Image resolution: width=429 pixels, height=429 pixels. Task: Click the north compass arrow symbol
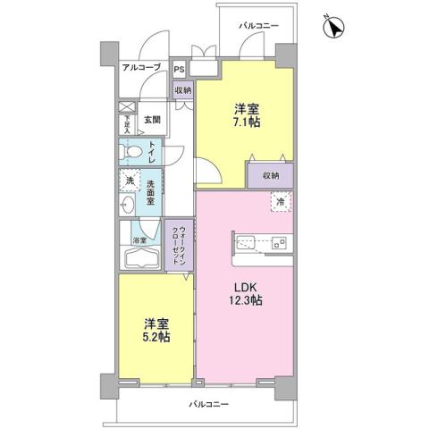[x=333, y=29]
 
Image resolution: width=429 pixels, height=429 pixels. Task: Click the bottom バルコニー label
[x=209, y=404]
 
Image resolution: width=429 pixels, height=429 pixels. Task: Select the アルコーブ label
[x=140, y=67]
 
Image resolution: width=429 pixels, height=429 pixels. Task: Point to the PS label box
[x=180, y=68]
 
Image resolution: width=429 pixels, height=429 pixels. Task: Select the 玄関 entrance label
[x=151, y=119]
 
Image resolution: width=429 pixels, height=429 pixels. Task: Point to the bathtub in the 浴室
[x=139, y=261]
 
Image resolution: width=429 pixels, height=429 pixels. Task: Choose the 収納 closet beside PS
[x=182, y=90]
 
